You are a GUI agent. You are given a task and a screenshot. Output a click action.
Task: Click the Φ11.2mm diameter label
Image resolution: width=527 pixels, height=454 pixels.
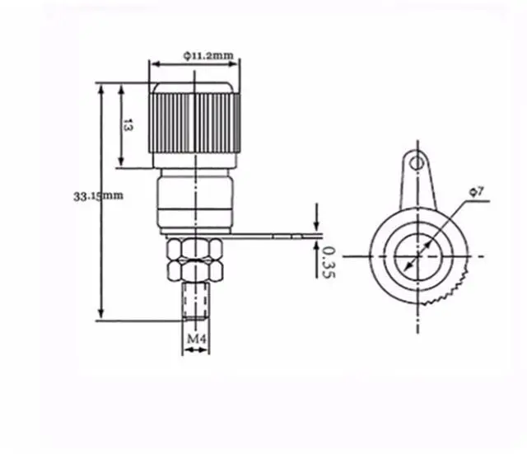pyautogui.click(x=208, y=55)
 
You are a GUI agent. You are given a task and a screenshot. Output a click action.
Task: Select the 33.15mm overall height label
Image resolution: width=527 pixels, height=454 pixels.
pyautogui.click(x=99, y=196)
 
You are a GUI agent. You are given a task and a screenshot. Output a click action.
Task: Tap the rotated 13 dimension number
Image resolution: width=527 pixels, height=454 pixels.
pyautogui.click(x=128, y=125)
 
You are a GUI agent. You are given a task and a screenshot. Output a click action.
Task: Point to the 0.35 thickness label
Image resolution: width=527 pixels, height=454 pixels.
pyautogui.click(x=329, y=262)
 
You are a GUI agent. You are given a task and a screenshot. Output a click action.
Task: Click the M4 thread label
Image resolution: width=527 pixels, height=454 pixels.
pyautogui.click(x=196, y=339)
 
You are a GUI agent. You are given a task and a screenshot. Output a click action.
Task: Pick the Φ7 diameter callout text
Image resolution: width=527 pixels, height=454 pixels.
pyautogui.click(x=477, y=192)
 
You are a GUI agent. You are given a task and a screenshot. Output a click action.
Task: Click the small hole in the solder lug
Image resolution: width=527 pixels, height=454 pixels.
pyautogui.click(x=416, y=164)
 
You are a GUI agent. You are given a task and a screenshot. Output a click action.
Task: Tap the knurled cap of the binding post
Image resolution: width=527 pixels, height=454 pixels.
pyautogui.click(x=194, y=118)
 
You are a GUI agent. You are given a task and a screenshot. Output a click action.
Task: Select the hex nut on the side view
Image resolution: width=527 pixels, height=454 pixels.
pyautogui.click(x=195, y=259)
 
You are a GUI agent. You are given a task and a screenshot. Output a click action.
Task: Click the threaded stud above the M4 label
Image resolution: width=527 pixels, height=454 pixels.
pyautogui.click(x=196, y=301)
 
